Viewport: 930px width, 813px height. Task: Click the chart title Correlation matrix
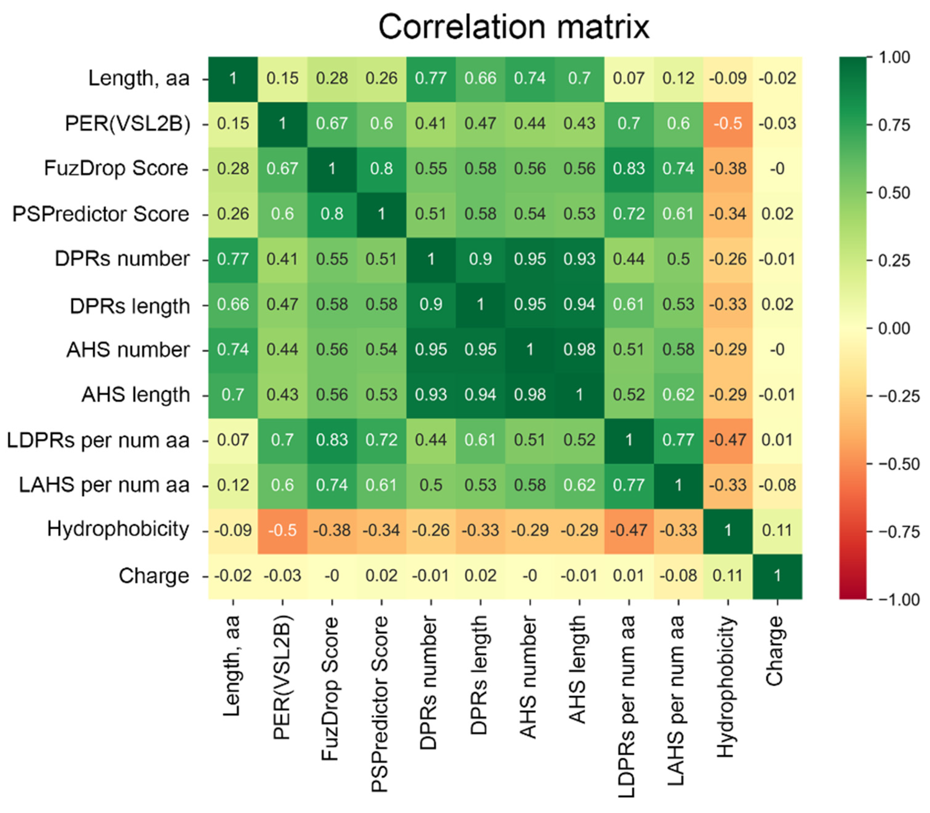514,27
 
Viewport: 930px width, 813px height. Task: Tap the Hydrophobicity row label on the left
118,529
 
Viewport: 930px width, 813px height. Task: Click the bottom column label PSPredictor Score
380,703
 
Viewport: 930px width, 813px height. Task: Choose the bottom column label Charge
776,651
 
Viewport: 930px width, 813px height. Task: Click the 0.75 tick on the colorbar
893,125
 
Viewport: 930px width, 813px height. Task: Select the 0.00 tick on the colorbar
893,328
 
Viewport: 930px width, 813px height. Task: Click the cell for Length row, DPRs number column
431,78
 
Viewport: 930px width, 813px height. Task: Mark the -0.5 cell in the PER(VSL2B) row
728,123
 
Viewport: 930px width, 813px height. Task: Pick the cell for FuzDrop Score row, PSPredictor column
381,168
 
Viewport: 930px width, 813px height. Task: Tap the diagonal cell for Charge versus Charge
777,576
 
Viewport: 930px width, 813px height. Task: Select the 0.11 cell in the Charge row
728,576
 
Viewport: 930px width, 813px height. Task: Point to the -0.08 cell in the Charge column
777,485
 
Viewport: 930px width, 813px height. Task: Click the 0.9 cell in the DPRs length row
431,304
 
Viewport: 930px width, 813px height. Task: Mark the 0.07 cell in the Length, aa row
629,78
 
